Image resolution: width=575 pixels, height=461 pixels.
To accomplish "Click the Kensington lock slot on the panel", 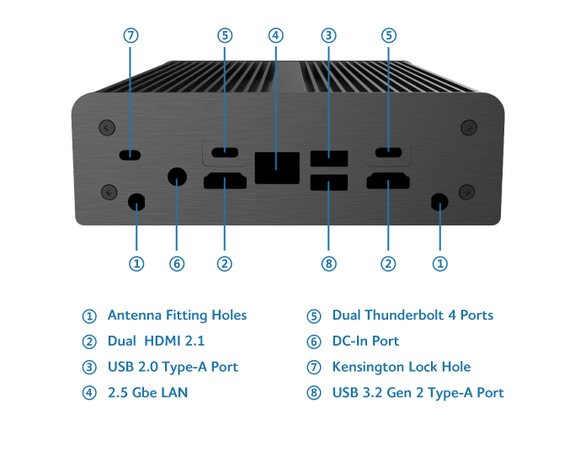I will [130, 154].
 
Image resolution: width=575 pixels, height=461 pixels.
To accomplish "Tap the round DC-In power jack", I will [177, 177].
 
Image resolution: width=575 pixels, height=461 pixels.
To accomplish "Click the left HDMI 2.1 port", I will [224, 181].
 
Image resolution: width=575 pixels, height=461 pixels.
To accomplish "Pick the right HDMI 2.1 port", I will [388, 181].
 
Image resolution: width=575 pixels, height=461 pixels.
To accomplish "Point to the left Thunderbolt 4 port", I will [224, 153].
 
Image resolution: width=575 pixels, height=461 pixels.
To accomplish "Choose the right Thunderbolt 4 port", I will [388, 153].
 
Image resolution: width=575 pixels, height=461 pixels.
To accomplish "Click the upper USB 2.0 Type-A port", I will [328, 156].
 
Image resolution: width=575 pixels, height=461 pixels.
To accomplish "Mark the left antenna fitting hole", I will [136, 202].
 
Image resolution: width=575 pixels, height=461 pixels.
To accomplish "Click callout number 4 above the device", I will [275, 35].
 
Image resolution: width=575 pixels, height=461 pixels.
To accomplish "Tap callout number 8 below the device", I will [328, 264].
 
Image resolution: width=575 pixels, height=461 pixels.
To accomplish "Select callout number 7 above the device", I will [130, 35].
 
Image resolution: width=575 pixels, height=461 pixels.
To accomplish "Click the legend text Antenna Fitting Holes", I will [177, 315].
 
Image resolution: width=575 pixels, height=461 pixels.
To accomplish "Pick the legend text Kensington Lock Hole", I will [401, 367].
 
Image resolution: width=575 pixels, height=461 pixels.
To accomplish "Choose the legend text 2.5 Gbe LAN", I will [147, 393].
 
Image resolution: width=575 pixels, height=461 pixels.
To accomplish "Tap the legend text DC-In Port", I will [365, 342].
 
